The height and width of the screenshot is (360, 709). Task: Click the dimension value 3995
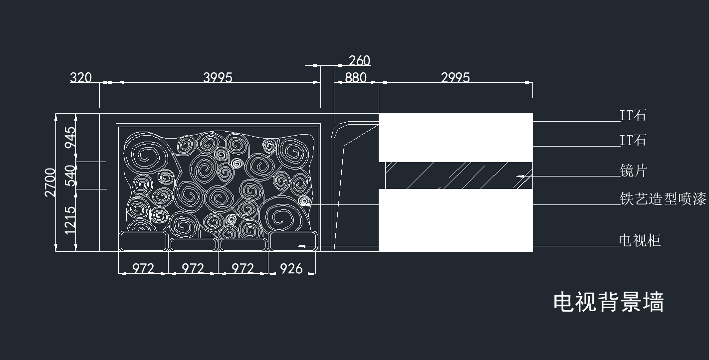218,77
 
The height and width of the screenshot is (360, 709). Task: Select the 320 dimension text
81,77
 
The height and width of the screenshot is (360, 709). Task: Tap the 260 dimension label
360,60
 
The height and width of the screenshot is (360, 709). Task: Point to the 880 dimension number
356,77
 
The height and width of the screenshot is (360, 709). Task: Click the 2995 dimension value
456,77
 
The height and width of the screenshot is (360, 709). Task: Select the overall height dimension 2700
50,182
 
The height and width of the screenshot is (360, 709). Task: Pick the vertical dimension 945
70,137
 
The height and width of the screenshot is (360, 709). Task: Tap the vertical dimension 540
70,176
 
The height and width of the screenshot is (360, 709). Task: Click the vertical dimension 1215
70,220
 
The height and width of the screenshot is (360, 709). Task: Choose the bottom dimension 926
291,269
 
